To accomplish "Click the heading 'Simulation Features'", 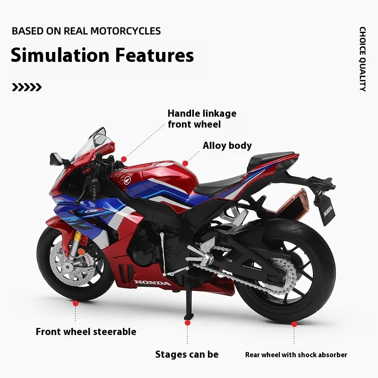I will (102, 55).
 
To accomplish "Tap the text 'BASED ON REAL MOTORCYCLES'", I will (86, 31).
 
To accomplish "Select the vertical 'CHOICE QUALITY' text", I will (362, 59).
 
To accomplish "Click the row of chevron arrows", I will (26, 87).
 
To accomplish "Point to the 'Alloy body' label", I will (227, 146).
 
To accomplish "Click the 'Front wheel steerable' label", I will (86, 332).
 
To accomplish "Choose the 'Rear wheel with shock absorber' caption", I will (296, 354).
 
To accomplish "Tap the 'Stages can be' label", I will (187, 354).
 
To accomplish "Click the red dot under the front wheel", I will (75, 303).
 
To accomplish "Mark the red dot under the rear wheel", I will (294, 324).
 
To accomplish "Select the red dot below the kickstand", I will (188, 323).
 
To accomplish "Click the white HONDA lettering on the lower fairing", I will (153, 283).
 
